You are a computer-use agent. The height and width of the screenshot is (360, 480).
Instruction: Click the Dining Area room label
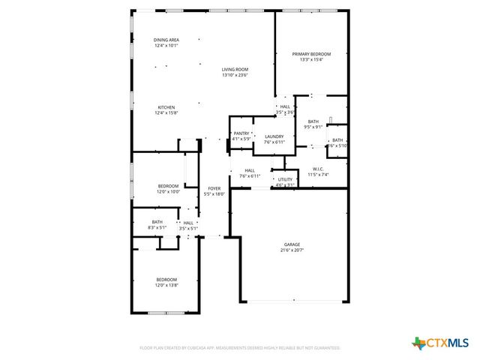pyautogui.click(x=166, y=40)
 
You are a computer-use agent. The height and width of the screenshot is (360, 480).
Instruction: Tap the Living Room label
pyautogui.click(x=235, y=69)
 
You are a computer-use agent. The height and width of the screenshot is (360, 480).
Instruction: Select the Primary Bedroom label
pyautogui.click(x=311, y=54)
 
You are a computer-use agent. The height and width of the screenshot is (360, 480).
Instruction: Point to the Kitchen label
pyautogui.click(x=166, y=107)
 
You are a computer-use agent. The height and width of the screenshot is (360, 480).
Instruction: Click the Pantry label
pyautogui.click(x=241, y=133)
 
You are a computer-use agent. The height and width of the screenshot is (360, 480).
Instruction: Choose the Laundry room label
pyautogui.click(x=274, y=136)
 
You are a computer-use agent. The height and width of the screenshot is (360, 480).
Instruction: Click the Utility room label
pyautogui.click(x=285, y=179)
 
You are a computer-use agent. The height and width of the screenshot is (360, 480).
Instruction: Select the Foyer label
pyautogui.click(x=214, y=188)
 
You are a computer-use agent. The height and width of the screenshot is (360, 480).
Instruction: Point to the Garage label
pyautogui.click(x=292, y=244)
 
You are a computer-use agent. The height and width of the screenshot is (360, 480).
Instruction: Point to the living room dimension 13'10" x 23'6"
pyautogui.click(x=235, y=75)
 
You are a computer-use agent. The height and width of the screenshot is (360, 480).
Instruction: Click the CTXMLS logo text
pyautogui.click(x=448, y=343)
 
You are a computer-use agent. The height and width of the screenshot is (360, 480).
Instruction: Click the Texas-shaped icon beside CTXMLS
pyautogui.click(x=418, y=343)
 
